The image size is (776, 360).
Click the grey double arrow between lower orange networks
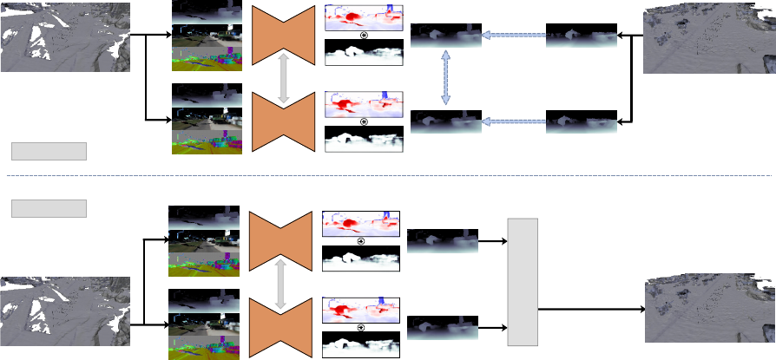[x=281, y=282]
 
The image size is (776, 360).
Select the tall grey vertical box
[x=523, y=282]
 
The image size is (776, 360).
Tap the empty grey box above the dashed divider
[x=49, y=152]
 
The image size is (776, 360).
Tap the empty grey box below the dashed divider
[x=49, y=208]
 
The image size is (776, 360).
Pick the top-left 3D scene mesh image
[x=65, y=36]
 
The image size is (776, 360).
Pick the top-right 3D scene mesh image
[x=709, y=39]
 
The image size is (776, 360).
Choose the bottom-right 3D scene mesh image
[x=710, y=311]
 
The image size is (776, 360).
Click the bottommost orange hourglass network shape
[x=281, y=326]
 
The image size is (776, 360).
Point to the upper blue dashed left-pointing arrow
[x=514, y=36]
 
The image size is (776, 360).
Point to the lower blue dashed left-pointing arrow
[x=514, y=122]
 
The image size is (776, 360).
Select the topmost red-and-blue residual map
[x=364, y=17]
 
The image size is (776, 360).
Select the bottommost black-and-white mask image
[x=361, y=345]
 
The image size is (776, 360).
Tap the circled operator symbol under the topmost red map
[x=364, y=36]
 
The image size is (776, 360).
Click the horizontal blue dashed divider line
[x=388, y=176]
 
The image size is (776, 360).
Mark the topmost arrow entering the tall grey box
[x=492, y=241]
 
